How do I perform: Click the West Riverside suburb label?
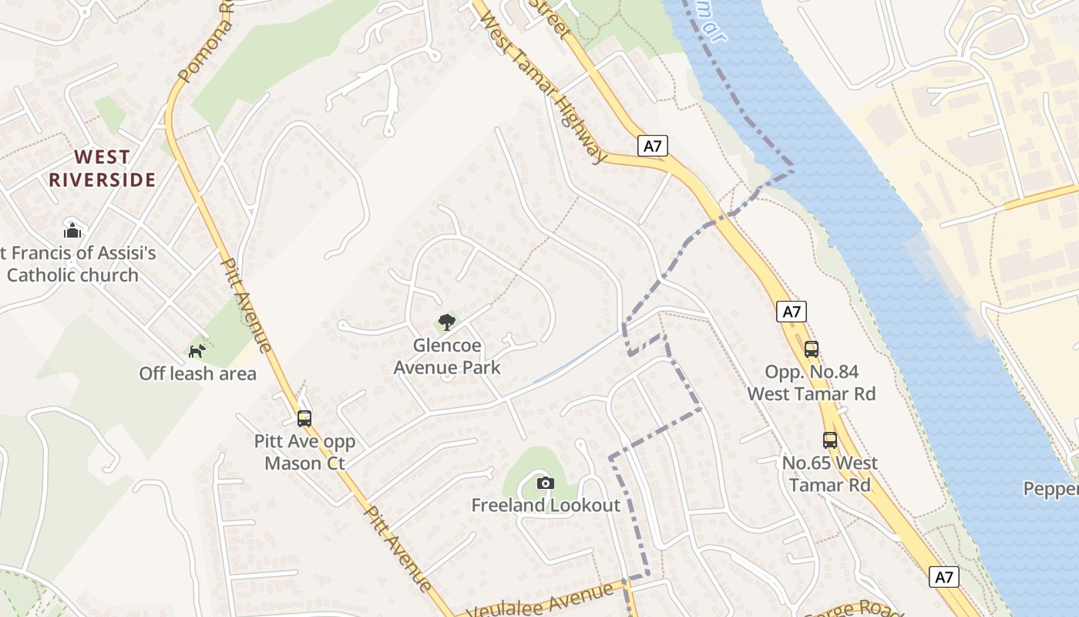tap(103, 169)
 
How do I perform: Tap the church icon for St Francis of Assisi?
tap(72, 230)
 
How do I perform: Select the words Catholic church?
tap(72, 275)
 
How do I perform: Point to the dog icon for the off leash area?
tap(197, 351)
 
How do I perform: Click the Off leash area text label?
tap(197, 374)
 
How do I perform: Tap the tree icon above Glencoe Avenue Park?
tap(447, 322)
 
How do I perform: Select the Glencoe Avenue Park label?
tap(447, 356)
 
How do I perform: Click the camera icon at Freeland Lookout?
tap(546, 483)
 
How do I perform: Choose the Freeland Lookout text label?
tap(546, 506)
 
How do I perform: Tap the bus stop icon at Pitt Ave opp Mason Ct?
tap(304, 419)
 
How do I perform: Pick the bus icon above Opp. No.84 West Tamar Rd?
tap(812, 349)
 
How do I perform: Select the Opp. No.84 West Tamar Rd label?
tap(812, 383)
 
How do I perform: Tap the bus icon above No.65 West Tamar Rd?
tap(830, 440)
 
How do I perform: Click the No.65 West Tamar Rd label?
tap(830, 474)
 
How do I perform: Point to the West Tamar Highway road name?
tap(544, 86)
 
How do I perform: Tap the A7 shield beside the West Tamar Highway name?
tap(653, 146)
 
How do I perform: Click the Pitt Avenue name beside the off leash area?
tap(247, 305)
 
